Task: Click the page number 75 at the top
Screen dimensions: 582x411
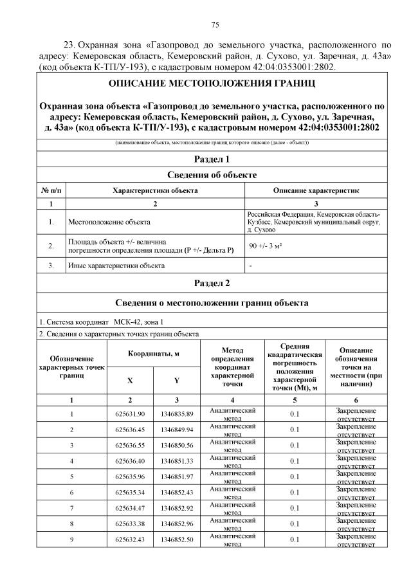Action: click(x=215, y=25)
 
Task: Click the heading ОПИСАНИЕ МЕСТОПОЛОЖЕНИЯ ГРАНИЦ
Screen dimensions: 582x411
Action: click(x=212, y=84)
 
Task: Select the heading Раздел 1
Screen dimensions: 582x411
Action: click(x=212, y=159)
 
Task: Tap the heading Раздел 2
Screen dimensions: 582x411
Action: click(x=212, y=283)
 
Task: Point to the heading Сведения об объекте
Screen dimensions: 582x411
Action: click(x=212, y=175)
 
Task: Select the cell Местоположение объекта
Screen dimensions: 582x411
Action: click(x=109, y=223)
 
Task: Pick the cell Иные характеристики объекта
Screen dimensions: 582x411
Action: click(x=116, y=265)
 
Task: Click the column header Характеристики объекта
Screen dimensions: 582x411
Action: click(x=155, y=191)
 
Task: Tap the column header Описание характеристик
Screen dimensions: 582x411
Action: click(x=316, y=191)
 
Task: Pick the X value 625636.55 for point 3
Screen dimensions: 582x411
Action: click(x=131, y=446)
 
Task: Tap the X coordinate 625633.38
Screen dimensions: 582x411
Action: click(x=131, y=523)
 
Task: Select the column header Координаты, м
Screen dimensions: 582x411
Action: click(x=154, y=354)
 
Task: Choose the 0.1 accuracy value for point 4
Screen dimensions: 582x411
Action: click(x=295, y=461)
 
